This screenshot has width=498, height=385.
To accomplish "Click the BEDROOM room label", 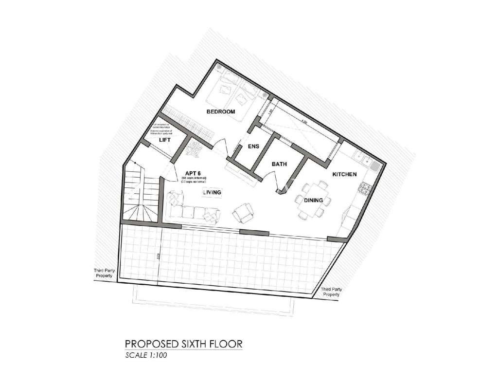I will click(221, 112).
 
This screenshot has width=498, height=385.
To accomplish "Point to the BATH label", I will click(279, 165).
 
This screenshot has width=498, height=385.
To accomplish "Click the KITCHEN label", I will click(344, 174).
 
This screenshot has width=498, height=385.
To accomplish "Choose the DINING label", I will click(314, 200).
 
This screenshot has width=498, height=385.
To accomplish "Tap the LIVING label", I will click(212, 193).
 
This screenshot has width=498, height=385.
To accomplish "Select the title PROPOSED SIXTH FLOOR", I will click(184, 344).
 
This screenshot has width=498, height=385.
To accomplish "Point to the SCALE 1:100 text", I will click(146, 355).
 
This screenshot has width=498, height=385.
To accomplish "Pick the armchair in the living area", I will click(243, 212).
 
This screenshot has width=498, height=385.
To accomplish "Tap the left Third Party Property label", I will click(103, 273).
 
